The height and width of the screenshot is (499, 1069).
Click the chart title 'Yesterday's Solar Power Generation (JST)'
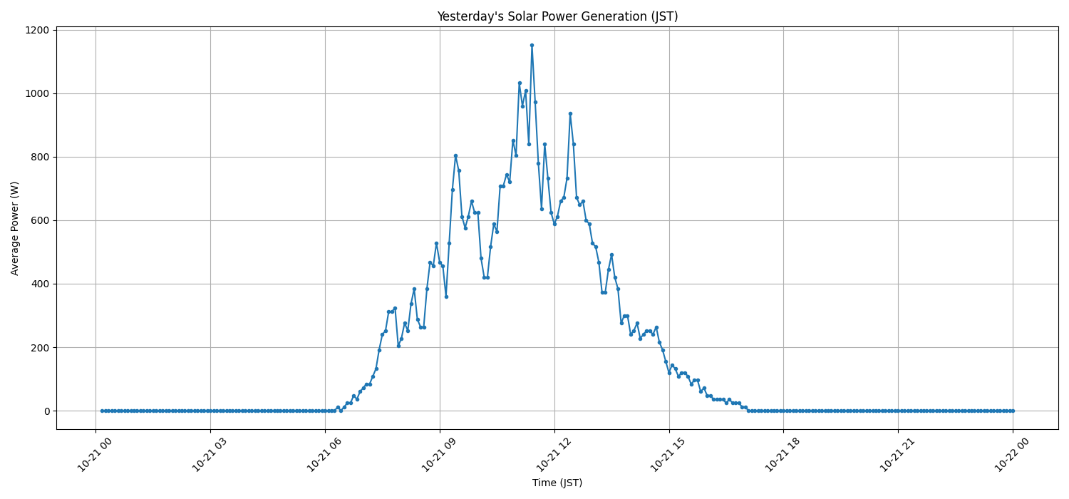pyautogui.click(x=557, y=16)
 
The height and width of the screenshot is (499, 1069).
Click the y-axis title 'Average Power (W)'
pyautogui.click(x=15, y=228)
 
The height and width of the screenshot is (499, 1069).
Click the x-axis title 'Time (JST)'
pyautogui.click(x=557, y=483)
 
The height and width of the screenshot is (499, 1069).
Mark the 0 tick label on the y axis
pyautogui.click(x=46, y=411)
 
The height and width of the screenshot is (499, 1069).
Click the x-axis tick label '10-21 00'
pyautogui.click(x=93, y=453)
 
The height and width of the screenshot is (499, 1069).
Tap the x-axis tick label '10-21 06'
pyautogui.click(x=322, y=453)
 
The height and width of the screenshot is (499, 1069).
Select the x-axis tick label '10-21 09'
pyautogui.click(x=437, y=453)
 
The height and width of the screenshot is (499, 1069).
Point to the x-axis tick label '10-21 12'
pyautogui.click(x=552, y=453)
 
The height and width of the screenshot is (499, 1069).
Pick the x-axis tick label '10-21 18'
pyautogui.click(x=780, y=453)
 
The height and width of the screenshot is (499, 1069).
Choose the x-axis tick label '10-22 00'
pyautogui.click(x=1010, y=453)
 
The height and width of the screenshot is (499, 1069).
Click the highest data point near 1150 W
pyautogui.click(x=532, y=45)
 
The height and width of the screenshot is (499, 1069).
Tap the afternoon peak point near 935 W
pyautogui.click(x=570, y=113)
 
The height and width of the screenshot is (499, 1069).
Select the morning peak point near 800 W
pyautogui.click(x=455, y=155)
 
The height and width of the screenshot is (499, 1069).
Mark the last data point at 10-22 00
pyautogui.click(x=1013, y=411)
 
